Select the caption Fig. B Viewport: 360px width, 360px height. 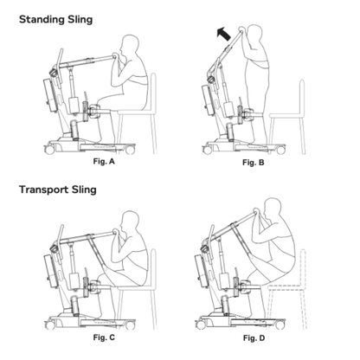coord(252,163)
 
